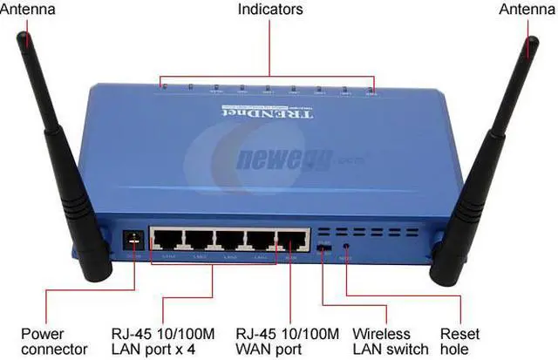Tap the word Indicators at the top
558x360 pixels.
click(270, 10)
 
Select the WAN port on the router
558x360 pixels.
click(292, 241)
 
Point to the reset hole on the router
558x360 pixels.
click(347, 248)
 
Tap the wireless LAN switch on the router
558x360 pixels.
click(323, 248)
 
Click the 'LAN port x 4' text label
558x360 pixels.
click(162, 341)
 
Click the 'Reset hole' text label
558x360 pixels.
click(460, 341)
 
